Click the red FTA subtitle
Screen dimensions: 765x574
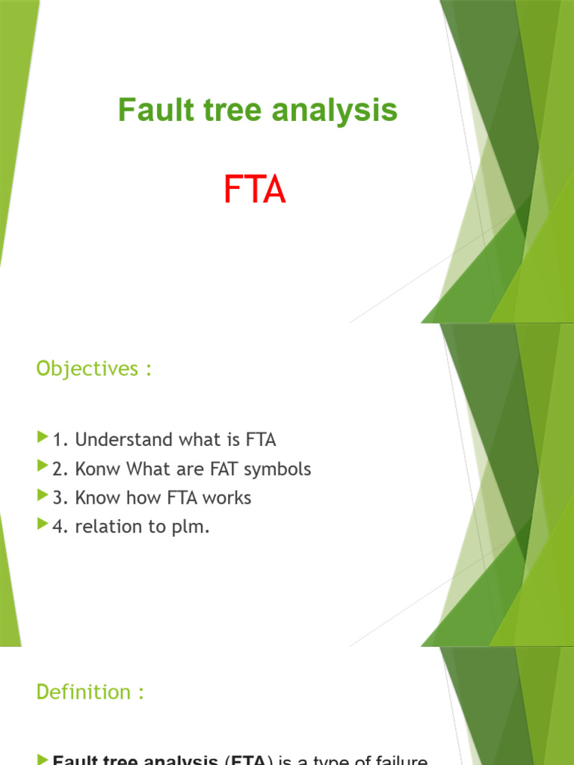(254, 190)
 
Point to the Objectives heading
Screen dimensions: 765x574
(93, 369)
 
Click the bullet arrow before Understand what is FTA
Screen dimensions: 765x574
(42, 439)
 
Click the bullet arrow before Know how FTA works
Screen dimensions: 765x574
(42, 496)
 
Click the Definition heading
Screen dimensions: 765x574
(90, 693)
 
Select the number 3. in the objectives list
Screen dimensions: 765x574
(61, 498)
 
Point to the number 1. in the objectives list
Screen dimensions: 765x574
(61, 440)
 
